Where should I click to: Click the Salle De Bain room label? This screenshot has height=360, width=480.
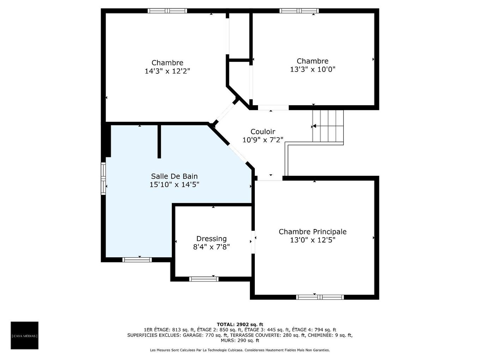[x=174, y=176]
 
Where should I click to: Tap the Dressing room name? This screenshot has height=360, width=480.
[x=211, y=239]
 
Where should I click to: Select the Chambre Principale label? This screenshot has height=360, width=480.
[x=312, y=232]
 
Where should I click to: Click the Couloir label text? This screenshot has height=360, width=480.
[x=263, y=132]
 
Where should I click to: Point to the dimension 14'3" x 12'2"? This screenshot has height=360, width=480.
[x=167, y=71]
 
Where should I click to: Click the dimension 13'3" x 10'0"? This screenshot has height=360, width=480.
[x=312, y=69]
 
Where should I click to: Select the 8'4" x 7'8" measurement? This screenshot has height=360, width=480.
[x=211, y=247]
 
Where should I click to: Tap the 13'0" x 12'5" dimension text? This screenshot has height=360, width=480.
[x=312, y=240]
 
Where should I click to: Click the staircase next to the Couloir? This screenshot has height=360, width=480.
[x=328, y=126]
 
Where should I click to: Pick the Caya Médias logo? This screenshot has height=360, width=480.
[x=24, y=335]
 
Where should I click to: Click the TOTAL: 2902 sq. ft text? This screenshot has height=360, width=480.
[x=240, y=324]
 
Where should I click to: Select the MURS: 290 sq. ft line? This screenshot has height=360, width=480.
[x=240, y=341]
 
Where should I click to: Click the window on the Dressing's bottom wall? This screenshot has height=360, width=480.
[x=204, y=279]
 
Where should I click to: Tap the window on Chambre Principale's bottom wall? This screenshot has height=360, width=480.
[x=320, y=297]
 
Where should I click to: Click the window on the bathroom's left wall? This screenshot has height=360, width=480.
[x=103, y=178]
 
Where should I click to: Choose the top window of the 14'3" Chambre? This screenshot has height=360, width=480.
[x=167, y=11]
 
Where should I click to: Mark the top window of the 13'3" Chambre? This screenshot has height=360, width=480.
[x=299, y=11]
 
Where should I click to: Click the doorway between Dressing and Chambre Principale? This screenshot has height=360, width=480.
[x=253, y=242]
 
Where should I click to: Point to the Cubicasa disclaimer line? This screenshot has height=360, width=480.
[x=240, y=350]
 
